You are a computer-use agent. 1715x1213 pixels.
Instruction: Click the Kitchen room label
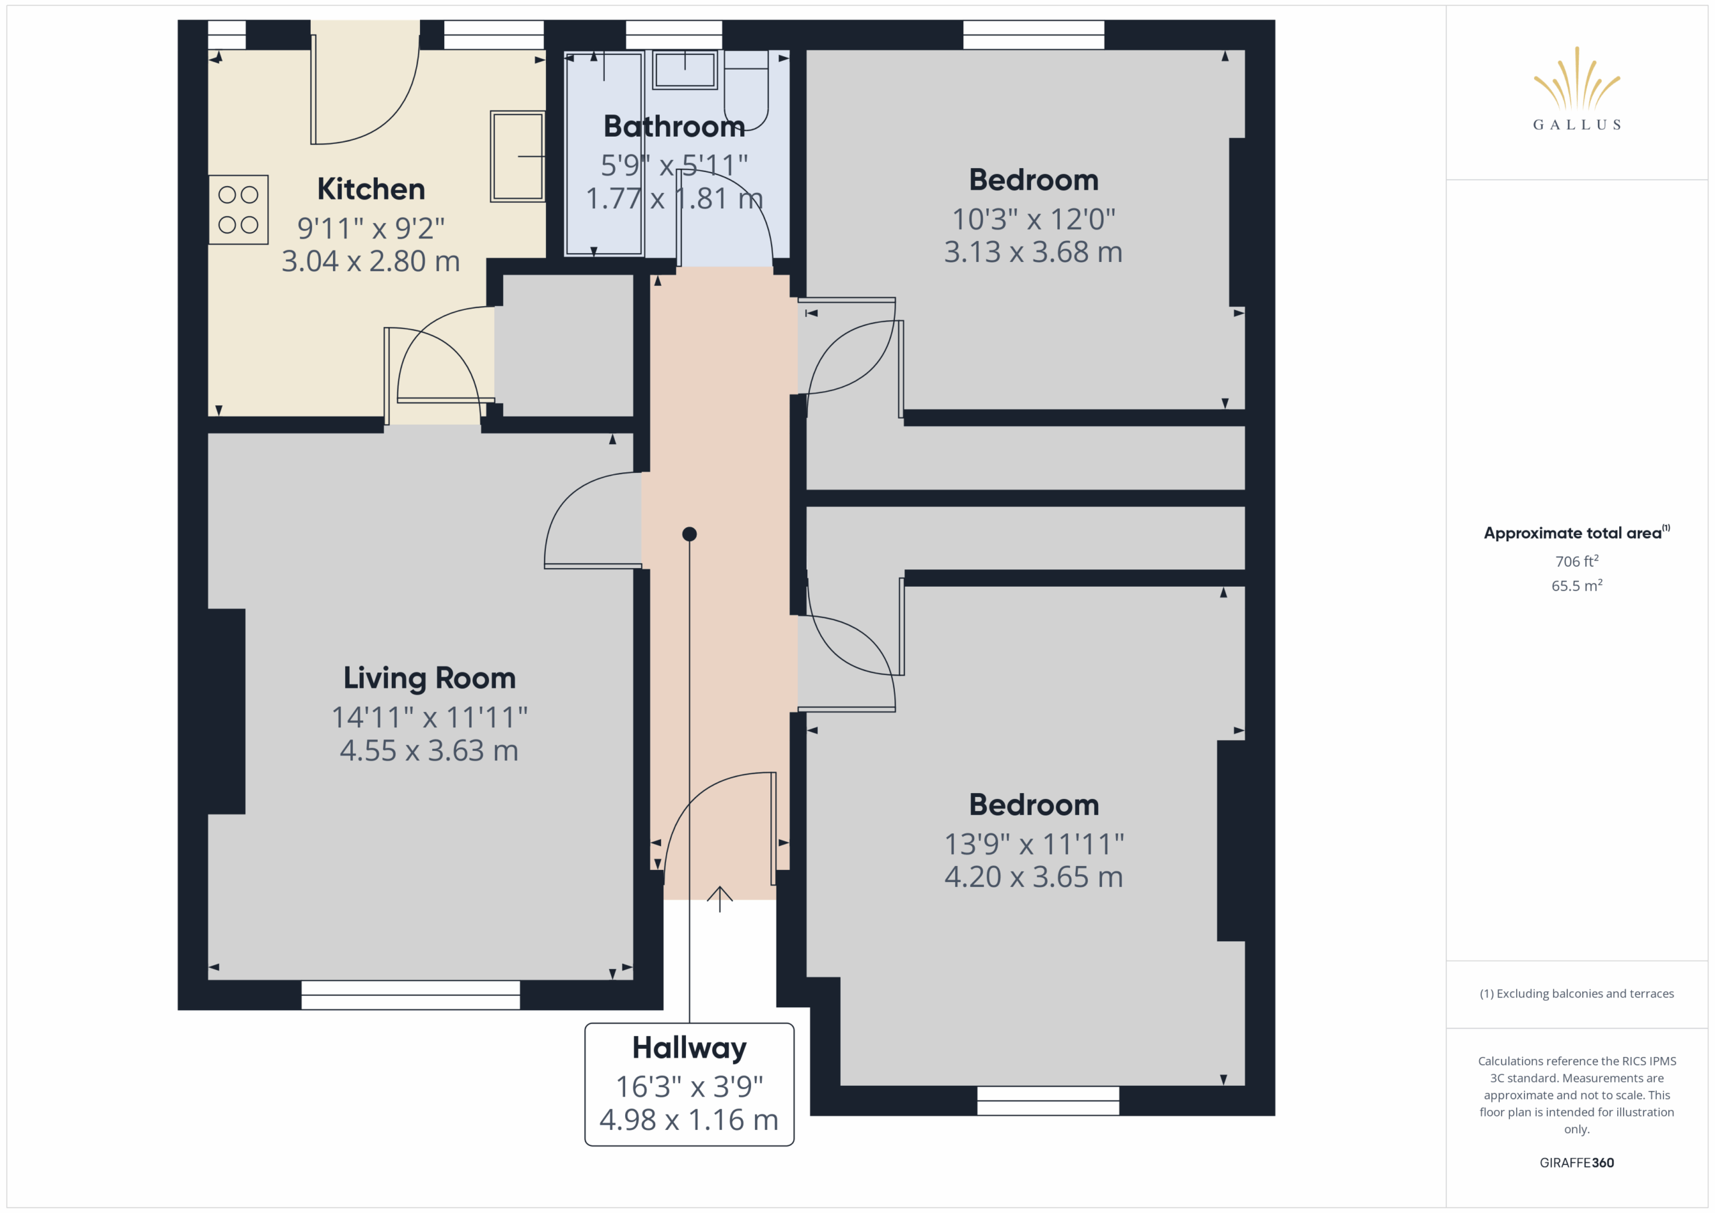[371, 189]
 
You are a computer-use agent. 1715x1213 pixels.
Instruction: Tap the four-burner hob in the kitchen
[238, 210]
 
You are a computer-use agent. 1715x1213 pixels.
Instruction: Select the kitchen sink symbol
[517, 156]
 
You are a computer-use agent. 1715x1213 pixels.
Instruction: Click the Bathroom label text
[674, 126]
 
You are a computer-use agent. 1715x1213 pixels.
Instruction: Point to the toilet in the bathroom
[746, 90]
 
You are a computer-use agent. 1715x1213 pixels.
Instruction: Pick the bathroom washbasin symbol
[685, 70]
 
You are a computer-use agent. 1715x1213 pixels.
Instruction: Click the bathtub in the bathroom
[604, 154]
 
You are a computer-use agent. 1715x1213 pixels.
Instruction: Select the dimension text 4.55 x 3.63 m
[429, 751]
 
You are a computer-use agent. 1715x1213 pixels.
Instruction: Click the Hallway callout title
[689, 1049]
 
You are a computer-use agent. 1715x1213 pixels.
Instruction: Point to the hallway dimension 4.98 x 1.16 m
[689, 1120]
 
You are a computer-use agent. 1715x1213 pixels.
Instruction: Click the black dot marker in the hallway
[689, 534]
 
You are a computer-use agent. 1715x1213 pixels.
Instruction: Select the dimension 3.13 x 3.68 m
[1034, 252]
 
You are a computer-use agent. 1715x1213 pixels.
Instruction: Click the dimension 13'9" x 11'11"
[1034, 844]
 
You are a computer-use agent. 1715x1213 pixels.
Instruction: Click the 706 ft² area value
[1577, 561]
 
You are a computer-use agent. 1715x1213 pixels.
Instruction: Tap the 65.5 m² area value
[1577, 585]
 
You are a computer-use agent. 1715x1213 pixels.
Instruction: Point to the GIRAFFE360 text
[1577, 1162]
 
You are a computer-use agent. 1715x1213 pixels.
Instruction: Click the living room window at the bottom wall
[411, 995]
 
